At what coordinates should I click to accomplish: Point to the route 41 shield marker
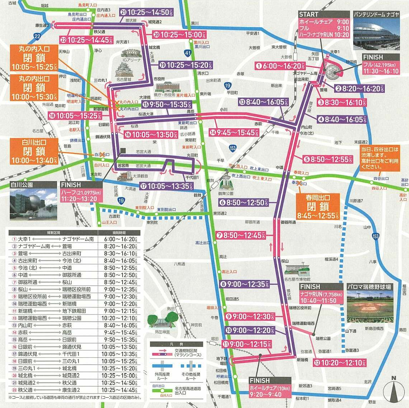(187, 53)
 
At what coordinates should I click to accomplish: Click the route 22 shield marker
(37, 37)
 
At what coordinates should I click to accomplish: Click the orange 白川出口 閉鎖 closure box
(34, 151)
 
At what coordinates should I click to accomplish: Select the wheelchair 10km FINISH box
(270, 388)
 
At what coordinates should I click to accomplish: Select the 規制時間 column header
(119, 233)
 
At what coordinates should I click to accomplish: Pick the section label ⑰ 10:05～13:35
(166, 186)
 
